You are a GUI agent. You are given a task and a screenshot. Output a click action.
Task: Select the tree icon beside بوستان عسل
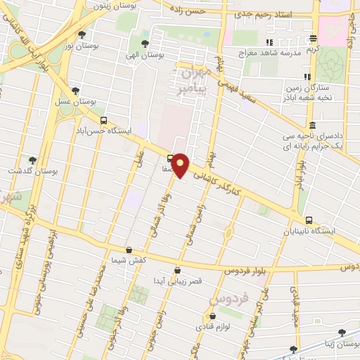pos(75,91)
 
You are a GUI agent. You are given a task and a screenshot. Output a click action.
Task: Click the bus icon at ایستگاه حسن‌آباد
pos(104,120)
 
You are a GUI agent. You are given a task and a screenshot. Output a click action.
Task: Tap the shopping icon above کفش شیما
pos(128,250)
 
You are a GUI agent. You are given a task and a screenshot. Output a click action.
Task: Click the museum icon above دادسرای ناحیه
pos(312,125)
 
